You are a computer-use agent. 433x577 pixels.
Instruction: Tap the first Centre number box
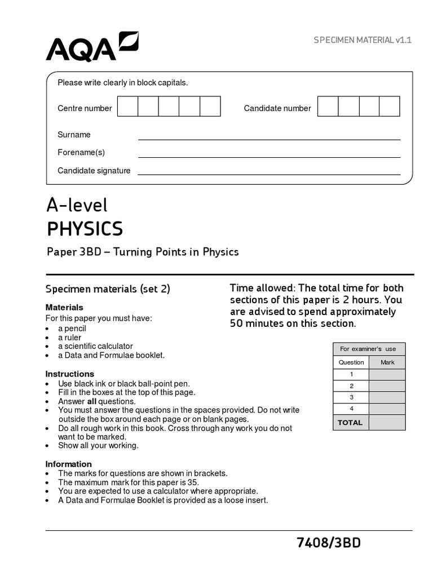pyautogui.click(x=127, y=106)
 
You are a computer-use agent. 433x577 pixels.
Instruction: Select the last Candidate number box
pyautogui.click(x=389, y=106)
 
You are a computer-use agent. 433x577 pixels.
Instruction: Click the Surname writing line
pyautogui.click(x=269, y=136)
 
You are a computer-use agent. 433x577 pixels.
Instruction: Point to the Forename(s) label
pyautogui.click(x=81, y=152)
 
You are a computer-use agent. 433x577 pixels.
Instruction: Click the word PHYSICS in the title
pyautogui.click(x=85, y=229)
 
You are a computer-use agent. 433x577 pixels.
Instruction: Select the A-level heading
pyautogui.click(x=77, y=205)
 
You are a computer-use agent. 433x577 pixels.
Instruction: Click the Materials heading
pyautogui.click(x=64, y=307)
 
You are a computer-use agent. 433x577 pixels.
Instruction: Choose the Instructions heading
pyautogui.click(x=70, y=374)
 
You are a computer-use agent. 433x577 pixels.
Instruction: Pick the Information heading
pyautogui.click(x=69, y=464)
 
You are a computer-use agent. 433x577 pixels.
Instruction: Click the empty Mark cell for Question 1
pyautogui.click(x=387, y=375)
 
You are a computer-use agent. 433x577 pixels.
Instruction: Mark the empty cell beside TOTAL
pyautogui.click(x=387, y=423)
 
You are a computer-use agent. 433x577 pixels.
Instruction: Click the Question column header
pyautogui.click(x=351, y=362)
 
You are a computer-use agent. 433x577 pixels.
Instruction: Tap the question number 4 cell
pyautogui.click(x=351, y=409)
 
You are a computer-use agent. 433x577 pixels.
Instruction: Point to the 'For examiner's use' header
pyautogui.click(x=369, y=349)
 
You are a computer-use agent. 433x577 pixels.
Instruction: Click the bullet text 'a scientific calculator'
pyautogui.click(x=95, y=346)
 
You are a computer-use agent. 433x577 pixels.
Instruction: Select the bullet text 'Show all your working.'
pyautogui.click(x=98, y=445)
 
